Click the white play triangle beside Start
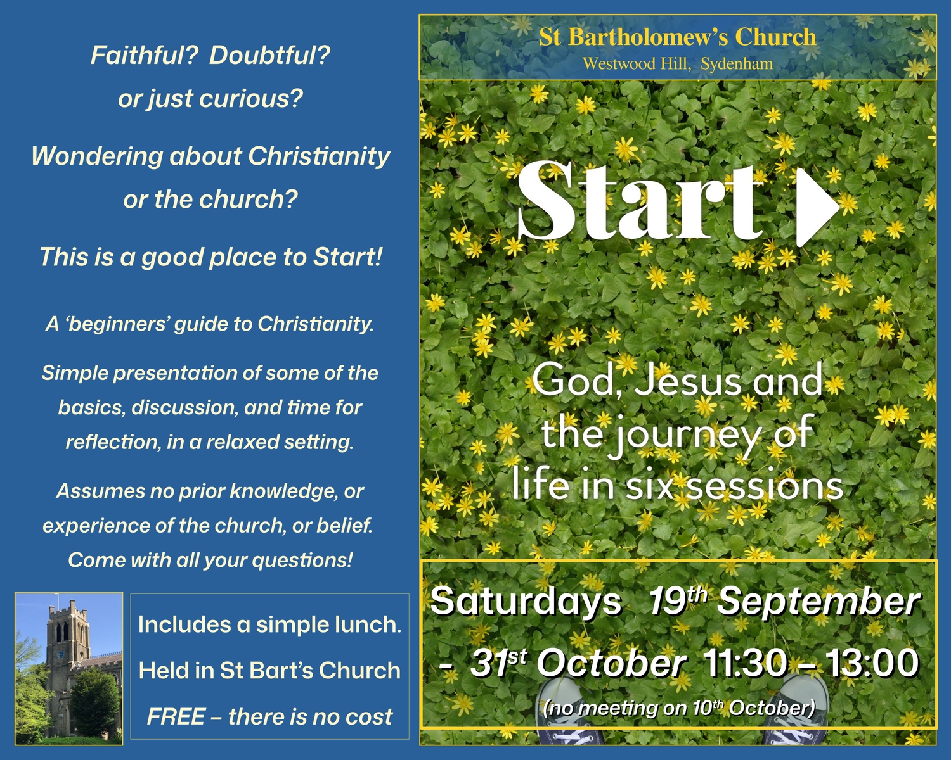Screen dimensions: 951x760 click(x=816, y=208)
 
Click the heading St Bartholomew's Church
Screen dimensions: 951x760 click(x=678, y=37)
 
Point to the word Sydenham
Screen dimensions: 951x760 click(x=737, y=64)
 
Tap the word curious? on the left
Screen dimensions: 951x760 click(x=250, y=98)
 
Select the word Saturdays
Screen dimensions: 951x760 click(x=526, y=602)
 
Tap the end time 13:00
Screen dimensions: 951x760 click(x=872, y=663)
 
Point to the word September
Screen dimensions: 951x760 click(x=818, y=602)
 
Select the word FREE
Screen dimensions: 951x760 click(x=176, y=716)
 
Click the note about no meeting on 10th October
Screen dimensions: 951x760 click(x=679, y=709)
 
